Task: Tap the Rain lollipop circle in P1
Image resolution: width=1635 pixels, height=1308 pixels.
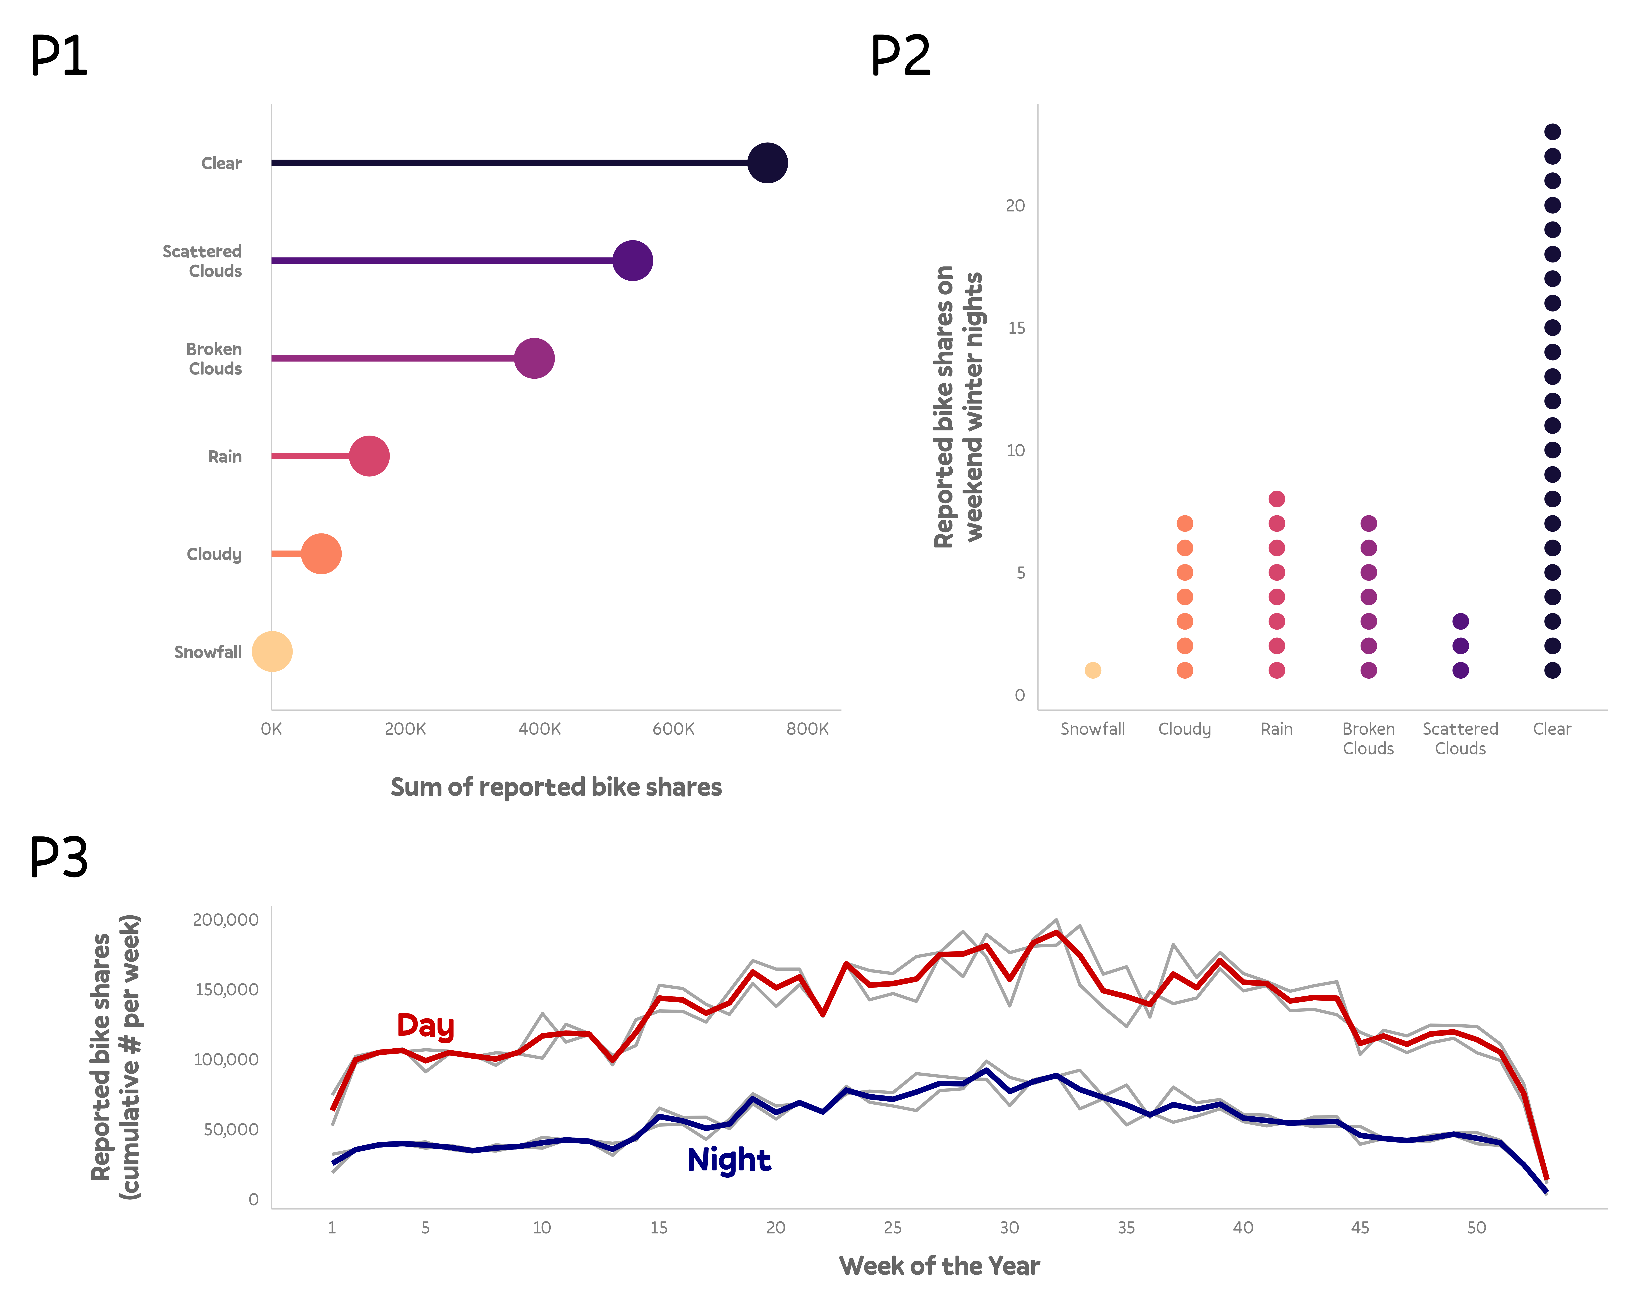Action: pos(369,456)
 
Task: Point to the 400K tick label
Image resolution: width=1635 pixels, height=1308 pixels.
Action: pos(539,729)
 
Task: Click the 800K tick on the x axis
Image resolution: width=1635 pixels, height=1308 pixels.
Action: pos(807,729)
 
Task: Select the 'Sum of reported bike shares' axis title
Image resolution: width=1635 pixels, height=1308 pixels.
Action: pos(556,787)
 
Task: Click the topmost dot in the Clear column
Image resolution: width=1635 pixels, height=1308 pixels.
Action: pos(1552,132)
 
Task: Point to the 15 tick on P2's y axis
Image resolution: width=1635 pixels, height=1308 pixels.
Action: pos(1016,328)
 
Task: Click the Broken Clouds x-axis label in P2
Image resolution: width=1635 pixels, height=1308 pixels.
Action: pos(1368,739)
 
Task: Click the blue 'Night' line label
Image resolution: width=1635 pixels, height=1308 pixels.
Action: pos(729,1160)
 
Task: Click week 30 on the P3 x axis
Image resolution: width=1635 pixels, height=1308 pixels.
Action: pos(1009,1228)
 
